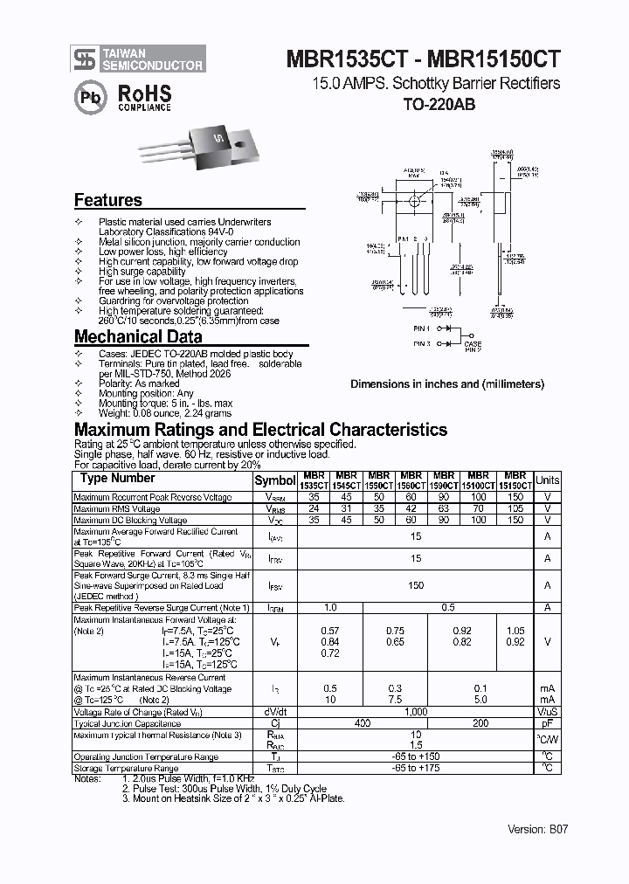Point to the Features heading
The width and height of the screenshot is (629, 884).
[107, 200]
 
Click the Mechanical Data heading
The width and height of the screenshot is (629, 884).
[138, 336]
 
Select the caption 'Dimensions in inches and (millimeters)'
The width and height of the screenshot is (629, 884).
[447, 383]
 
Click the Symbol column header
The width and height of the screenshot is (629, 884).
[275, 480]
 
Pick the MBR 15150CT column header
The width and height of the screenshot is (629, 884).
[515, 480]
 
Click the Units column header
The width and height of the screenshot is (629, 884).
[547, 480]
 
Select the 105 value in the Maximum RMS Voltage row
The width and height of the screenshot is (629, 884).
[515, 508]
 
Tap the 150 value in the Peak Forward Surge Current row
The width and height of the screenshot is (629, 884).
[416, 585]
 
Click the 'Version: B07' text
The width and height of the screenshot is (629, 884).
[538, 829]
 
